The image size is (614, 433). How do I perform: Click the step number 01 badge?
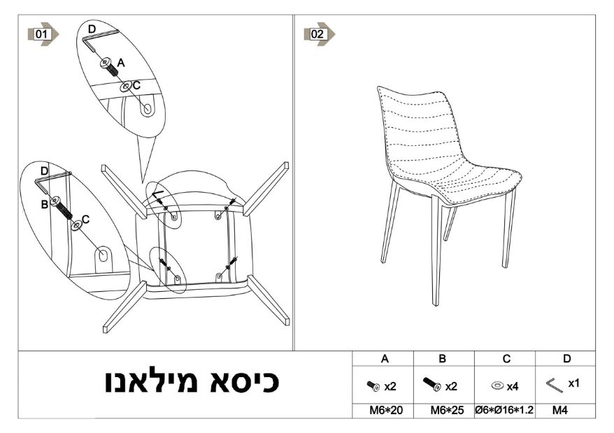coord(43,34)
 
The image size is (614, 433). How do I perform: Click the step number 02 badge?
coord(319,34)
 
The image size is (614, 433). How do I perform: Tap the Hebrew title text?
coord(192,381)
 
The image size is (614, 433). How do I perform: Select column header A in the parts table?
coord(385,359)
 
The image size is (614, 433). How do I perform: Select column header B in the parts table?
coord(443,359)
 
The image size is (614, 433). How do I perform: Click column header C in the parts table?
coord(506,359)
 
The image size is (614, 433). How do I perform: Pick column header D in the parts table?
coord(566,359)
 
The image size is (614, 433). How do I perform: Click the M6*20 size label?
coord(386,411)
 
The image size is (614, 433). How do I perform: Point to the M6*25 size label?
coord(447,411)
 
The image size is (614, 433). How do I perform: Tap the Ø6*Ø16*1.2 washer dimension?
coord(504,411)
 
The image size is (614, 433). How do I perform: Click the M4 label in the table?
coord(560,411)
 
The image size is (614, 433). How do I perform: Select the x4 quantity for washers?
coord(513,386)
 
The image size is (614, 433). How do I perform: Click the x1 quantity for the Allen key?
coord(573,383)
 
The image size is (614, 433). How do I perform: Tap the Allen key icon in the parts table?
coord(555,385)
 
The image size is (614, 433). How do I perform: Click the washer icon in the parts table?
coord(497,386)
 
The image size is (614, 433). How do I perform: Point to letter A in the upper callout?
coord(121,63)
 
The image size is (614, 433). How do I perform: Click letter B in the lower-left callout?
coord(45,204)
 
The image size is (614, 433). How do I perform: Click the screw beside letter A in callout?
coord(109,67)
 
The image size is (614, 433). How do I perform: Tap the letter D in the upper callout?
coord(92,29)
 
